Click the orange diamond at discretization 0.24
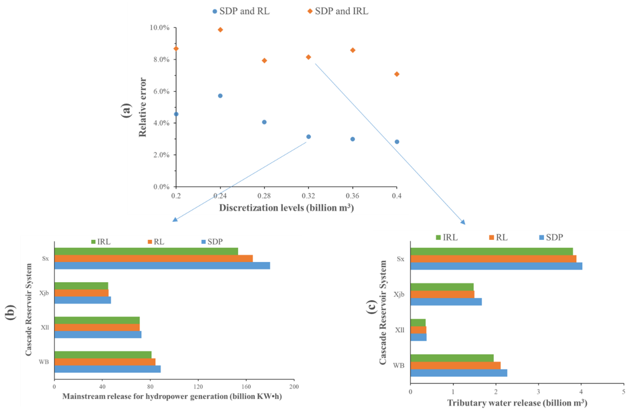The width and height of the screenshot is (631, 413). [x=220, y=30]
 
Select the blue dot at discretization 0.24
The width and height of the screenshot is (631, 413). [x=220, y=96]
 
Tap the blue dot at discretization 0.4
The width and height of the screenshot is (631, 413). [x=397, y=142]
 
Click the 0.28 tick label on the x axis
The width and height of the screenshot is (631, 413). [x=264, y=196]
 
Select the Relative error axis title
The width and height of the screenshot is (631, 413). [x=143, y=107]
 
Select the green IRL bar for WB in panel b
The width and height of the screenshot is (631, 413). [x=103, y=355]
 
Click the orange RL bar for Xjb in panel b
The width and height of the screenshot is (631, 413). [x=81, y=293]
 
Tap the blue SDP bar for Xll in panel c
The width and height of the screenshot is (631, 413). [x=418, y=337]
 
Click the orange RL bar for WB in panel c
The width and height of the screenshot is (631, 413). [x=455, y=366]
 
